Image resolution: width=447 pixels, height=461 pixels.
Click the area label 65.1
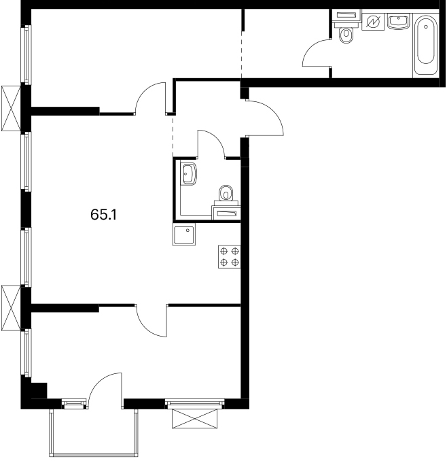(x=104, y=215)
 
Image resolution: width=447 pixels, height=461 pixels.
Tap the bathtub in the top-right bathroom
(x=425, y=44)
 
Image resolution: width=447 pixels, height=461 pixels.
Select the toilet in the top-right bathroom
(x=346, y=35)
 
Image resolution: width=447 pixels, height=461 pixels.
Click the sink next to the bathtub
(x=399, y=22)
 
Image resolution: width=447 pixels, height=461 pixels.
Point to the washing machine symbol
(x=373, y=21)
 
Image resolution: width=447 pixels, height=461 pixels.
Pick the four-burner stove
(x=230, y=256)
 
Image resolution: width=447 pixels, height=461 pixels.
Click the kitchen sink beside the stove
(x=184, y=235)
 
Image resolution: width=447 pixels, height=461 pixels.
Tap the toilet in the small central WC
(x=226, y=193)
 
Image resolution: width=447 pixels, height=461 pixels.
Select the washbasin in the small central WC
(x=188, y=173)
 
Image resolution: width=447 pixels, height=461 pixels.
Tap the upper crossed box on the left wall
(x=11, y=108)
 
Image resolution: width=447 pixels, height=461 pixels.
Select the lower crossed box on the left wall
(x=11, y=308)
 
